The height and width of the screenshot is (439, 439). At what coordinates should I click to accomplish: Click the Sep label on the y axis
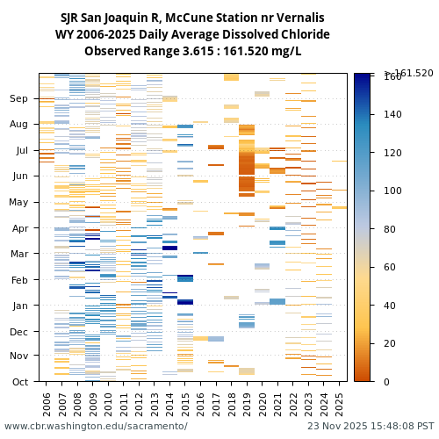19,99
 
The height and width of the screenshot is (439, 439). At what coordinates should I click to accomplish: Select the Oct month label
19,381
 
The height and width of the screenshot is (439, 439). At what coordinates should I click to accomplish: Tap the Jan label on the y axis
19,306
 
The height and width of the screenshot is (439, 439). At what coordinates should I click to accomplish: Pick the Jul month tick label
21,150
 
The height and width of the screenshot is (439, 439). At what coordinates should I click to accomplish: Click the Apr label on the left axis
19,227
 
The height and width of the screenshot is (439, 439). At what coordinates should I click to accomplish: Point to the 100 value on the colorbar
392,191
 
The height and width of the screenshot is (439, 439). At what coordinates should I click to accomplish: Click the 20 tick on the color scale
390,343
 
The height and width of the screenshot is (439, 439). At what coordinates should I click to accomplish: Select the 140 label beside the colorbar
392,114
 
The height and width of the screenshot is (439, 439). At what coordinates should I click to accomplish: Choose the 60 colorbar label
390,267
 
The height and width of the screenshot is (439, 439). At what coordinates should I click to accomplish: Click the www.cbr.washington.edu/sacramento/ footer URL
96,427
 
